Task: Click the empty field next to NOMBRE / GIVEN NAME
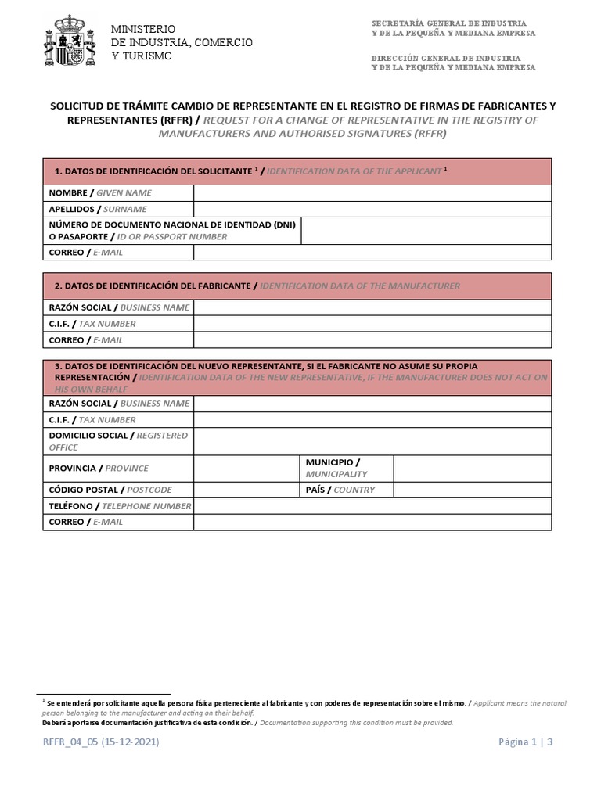[x=372, y=192]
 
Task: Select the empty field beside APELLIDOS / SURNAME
[x=372, y=210]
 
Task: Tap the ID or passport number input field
[x=426, y=231]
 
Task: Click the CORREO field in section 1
[x=372, y=253]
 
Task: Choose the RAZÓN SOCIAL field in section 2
[x=372, y=307]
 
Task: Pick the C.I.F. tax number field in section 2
[x=372, y=324]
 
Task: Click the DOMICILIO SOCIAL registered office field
[x=372, y=441]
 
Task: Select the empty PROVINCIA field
[x=247, y=469]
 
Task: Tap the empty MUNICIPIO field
[x=472, y=469]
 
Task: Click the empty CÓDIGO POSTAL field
[x=247, y=490]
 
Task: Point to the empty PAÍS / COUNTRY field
[x=472, y=490]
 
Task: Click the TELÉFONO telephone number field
[x=372, y=506]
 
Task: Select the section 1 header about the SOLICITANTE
[x=297, y=171]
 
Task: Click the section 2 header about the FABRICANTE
[x=297, y=286]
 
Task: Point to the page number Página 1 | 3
[x=525, y=742]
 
